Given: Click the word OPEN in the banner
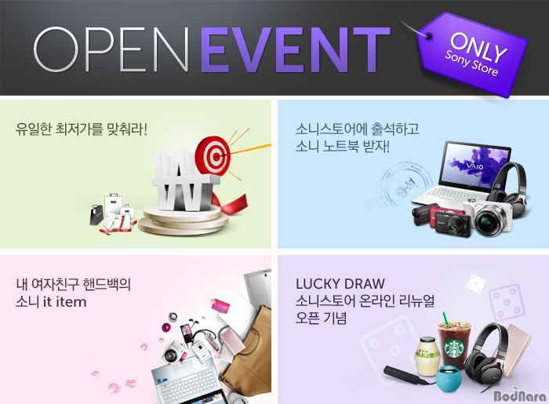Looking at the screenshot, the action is (111, 49).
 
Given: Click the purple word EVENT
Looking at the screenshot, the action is (296, 49).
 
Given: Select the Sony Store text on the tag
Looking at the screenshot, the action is (471, 64).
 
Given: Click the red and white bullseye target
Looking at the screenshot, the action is (213, 156).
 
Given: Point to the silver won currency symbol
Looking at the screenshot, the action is (184, 182).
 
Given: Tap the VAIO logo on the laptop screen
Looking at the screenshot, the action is (474, 165).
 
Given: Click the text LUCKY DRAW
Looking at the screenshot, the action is (340, 283).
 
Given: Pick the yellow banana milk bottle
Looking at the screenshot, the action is (427, 356).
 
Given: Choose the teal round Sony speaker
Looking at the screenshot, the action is (449, 378).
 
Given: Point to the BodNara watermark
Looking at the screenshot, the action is (520, 396).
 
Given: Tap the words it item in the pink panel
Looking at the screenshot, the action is (65, 301).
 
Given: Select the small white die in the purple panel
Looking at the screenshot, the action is (475, 283).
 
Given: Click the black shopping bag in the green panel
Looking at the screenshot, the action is (96, 214).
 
